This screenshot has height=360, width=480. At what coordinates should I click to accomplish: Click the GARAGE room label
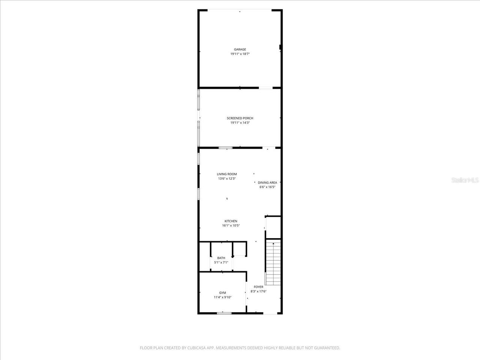[x=240, y=49]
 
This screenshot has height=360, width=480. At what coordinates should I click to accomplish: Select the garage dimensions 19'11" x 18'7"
[x=240, y=54]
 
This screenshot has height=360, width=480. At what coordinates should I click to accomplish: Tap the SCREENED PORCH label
[x=240, y=118]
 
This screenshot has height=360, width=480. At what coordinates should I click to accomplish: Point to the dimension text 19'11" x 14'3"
[x=240, y=123]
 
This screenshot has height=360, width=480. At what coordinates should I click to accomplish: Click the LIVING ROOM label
[x=227, y=174]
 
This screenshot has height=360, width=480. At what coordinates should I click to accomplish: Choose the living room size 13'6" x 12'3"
[x=227, y=178]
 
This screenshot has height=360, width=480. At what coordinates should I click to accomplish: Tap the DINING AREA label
[x=267, y=183]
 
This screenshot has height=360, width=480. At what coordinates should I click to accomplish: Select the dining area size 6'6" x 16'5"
[x=267, y=187]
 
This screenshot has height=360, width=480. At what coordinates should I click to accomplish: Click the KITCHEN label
[x=231, y=221]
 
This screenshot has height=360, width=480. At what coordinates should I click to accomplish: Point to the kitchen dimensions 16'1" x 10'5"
[x=231, y=226]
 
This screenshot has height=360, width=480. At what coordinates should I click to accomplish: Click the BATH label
[x=221, y=258]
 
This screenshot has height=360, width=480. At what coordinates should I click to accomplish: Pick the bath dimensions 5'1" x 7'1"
[x=221, y=262]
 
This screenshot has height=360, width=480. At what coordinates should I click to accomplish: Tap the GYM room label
[x=223, y=293]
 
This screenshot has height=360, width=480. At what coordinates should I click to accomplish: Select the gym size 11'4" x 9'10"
[x=223, y=297]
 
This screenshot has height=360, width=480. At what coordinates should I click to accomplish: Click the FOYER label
[x=258, y=287]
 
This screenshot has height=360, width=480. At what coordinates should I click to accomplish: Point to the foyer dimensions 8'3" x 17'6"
[x=258, y=291]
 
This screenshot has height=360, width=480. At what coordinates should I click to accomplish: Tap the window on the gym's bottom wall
[x=224, y=313]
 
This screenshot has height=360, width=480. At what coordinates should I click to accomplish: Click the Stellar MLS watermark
[x=465, y=180]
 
